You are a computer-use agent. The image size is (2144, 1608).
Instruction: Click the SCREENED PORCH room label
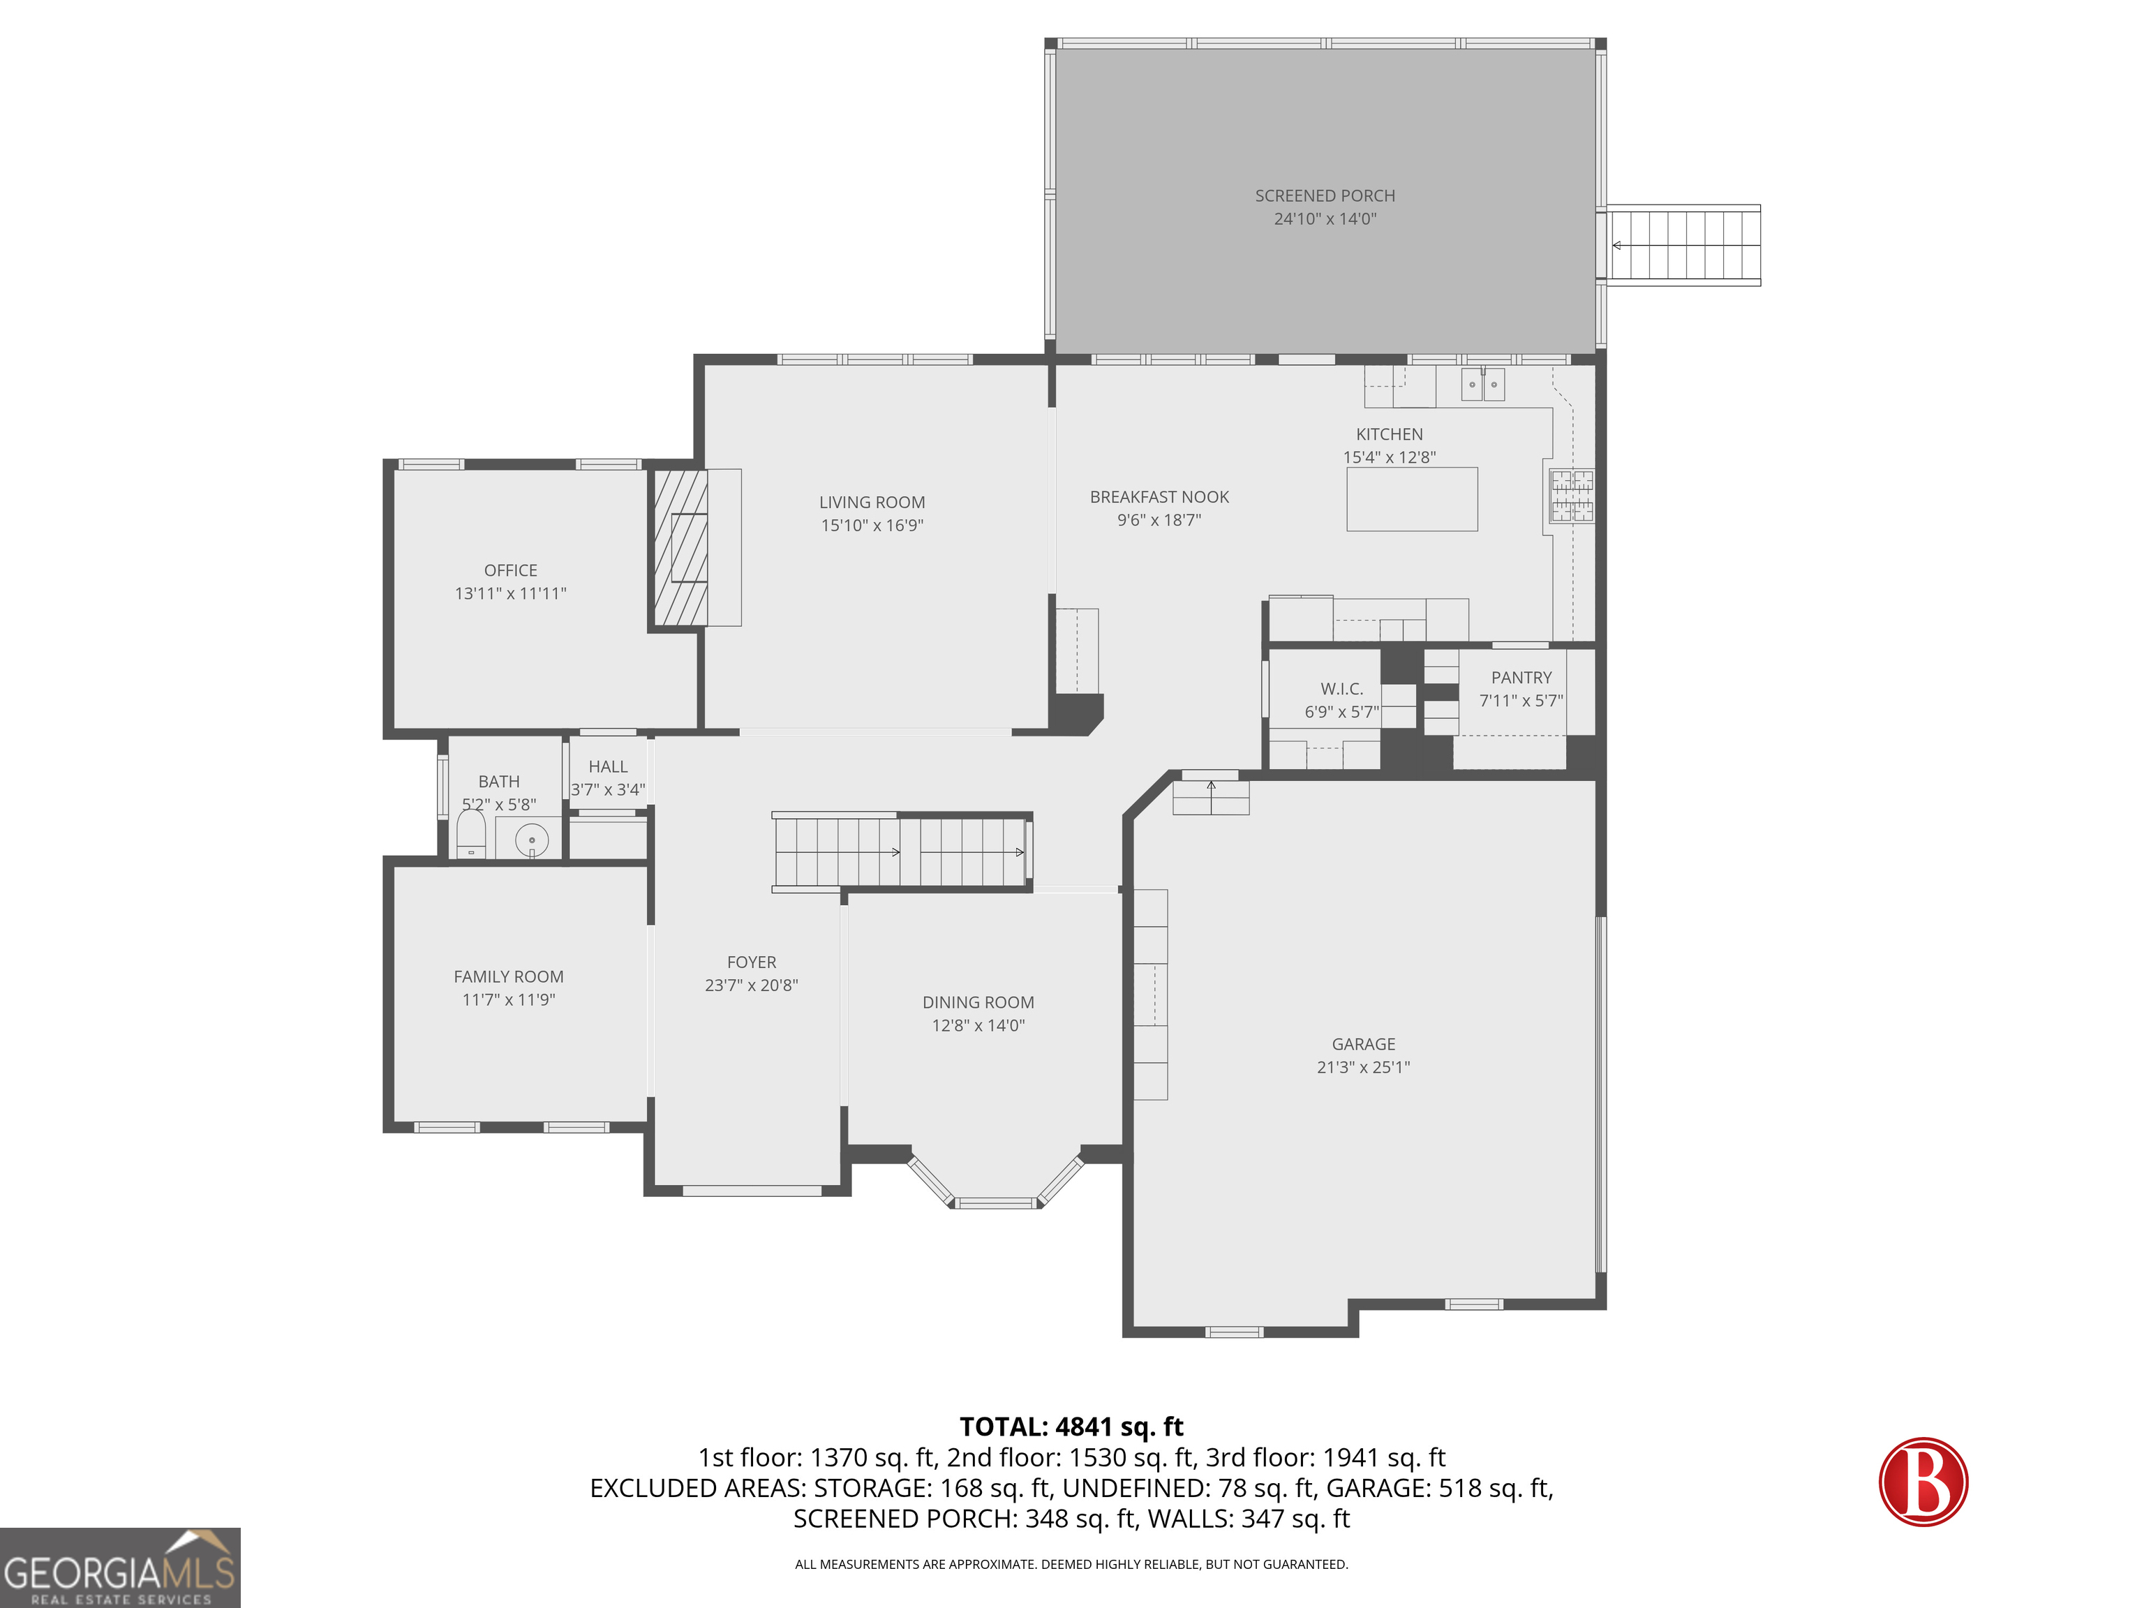[x=1324, y=196]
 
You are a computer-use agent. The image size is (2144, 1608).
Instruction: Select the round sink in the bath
[x=531, y=840]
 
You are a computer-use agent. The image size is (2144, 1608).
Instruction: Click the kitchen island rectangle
[x=1411, y=499]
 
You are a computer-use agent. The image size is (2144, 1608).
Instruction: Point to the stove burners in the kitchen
[x=1571, y=496]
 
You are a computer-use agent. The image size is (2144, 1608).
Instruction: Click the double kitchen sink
[x=1483, y=384]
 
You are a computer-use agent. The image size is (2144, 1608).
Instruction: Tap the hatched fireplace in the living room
[x=680, y=548]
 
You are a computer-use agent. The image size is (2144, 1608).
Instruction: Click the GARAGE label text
[x=1363, y=1044]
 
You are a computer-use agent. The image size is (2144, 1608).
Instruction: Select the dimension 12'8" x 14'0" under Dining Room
[x=978, y=1025]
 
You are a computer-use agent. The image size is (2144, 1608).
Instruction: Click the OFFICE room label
[x=510, y=571]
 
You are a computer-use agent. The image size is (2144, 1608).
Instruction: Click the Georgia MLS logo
[x=120, y=1568]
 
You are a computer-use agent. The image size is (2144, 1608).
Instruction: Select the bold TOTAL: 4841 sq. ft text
[x=1071, y=1427]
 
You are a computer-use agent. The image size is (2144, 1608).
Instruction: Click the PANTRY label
[x=1521, y=678]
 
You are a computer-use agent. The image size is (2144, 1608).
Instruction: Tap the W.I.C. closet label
[x=1341, y=689]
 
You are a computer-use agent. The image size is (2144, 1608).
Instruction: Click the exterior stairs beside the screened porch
[x=1683, y=245]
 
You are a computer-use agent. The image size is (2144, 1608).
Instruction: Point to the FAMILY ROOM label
[x=508, y=977]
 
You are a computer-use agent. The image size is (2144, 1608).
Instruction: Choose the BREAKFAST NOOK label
[x=1159, y=497]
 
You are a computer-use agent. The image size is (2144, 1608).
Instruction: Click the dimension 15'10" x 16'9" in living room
[x=872, y=526]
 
